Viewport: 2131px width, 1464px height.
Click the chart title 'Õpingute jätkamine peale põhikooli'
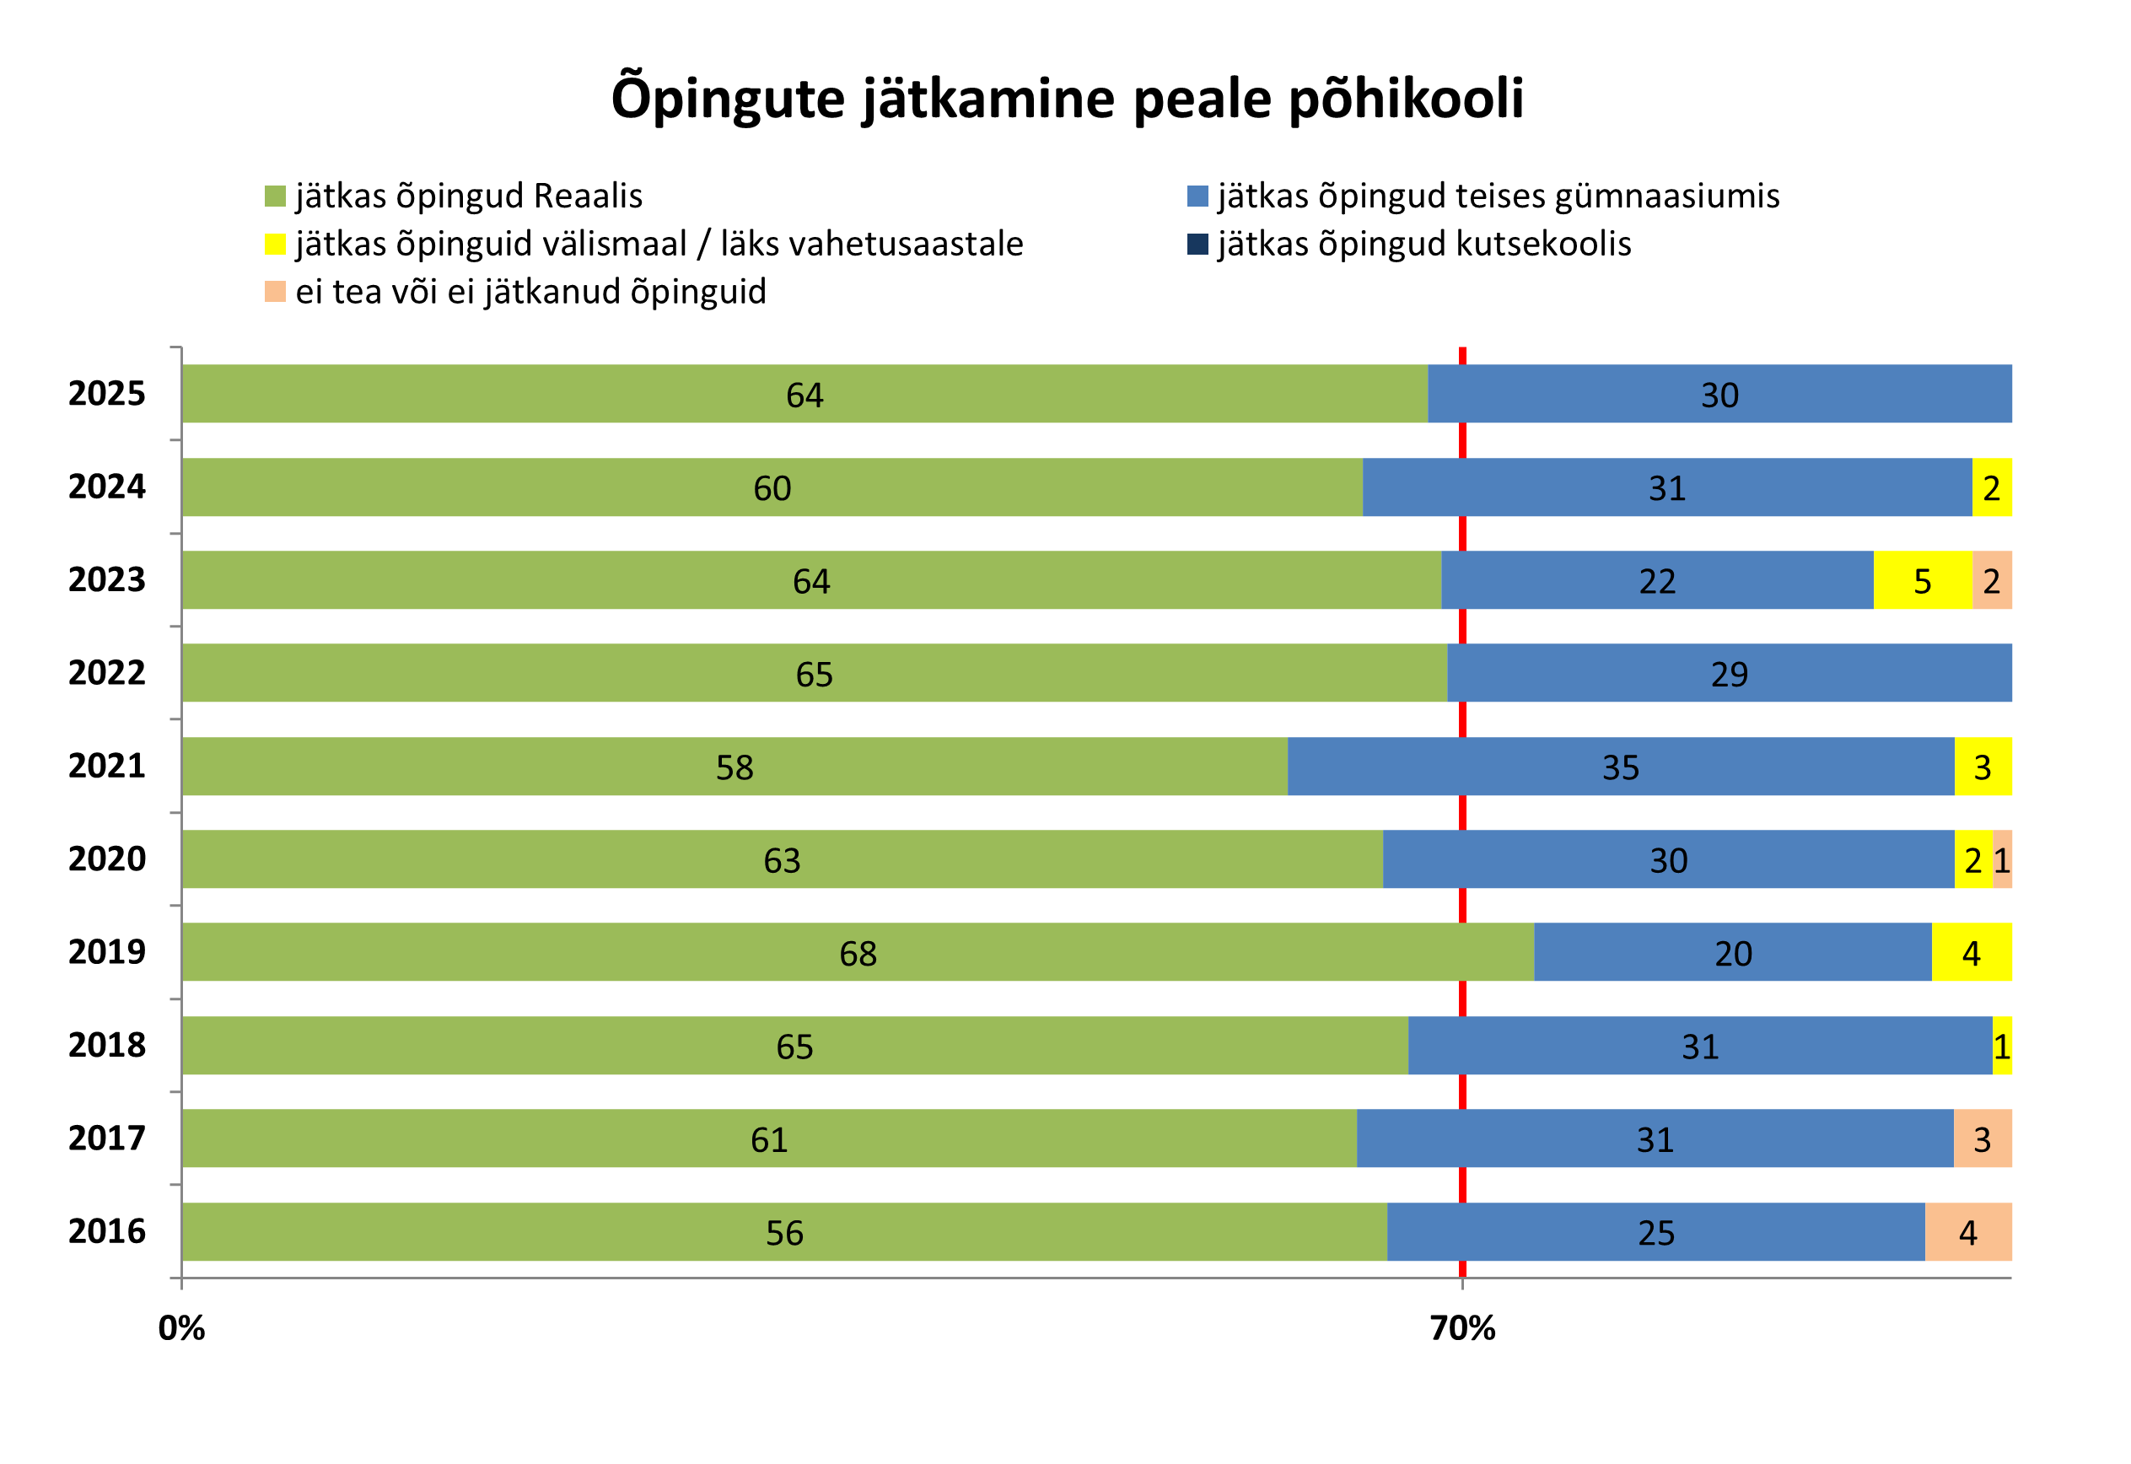click(x=1067, y=98)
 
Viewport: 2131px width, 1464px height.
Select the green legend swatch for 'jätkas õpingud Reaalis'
click(x=275, y=196)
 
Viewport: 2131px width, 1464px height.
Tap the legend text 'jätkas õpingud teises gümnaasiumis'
click(x=1498, y=196)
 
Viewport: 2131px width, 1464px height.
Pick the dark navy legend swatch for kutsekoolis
click(x=1197, y=244)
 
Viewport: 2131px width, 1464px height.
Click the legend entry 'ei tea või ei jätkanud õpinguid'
click(x=530, y=292)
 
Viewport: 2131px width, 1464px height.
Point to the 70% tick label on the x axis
click(x=1462, y=1329)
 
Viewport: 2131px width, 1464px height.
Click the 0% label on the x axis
click(x=181, y=1329)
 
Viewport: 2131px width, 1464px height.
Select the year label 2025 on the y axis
click(x=106, y=394)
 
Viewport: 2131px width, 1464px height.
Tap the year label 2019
click(x=106, y=952)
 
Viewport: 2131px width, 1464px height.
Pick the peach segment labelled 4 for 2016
click(x=1967, y=1232)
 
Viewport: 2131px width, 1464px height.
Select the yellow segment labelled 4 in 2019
click(x=1972, y=952)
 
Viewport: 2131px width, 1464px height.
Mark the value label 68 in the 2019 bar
click(x=858, y=954)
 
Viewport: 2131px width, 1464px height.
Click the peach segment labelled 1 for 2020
click(x=2002, y=859)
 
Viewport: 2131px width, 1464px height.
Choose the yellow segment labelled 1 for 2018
click(x=2002, y=1046)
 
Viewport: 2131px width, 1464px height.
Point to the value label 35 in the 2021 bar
click(x=1620, y=767)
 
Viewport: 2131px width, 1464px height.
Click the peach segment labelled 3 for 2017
click(x=1983, y=1138)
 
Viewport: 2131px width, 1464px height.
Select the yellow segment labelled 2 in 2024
click(x=1992, y=487)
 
